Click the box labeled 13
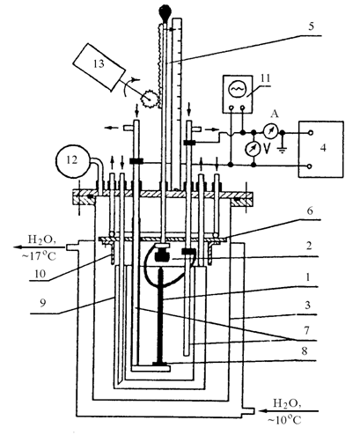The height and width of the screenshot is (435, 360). [x=99, y=67]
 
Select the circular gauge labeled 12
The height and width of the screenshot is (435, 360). [x=72, y=160]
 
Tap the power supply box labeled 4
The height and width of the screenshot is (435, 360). [x=321, y=149]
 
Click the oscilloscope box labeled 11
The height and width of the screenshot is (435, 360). [x=238, y=94]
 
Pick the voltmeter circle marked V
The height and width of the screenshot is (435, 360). [x=253, y=149]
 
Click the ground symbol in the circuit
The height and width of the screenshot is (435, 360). [x=282, y=151]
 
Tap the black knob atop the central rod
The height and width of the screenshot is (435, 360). [x=165, y=13]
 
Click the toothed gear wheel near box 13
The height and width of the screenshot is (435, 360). [x=149, y=99]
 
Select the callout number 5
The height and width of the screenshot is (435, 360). [x=312, y=26]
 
